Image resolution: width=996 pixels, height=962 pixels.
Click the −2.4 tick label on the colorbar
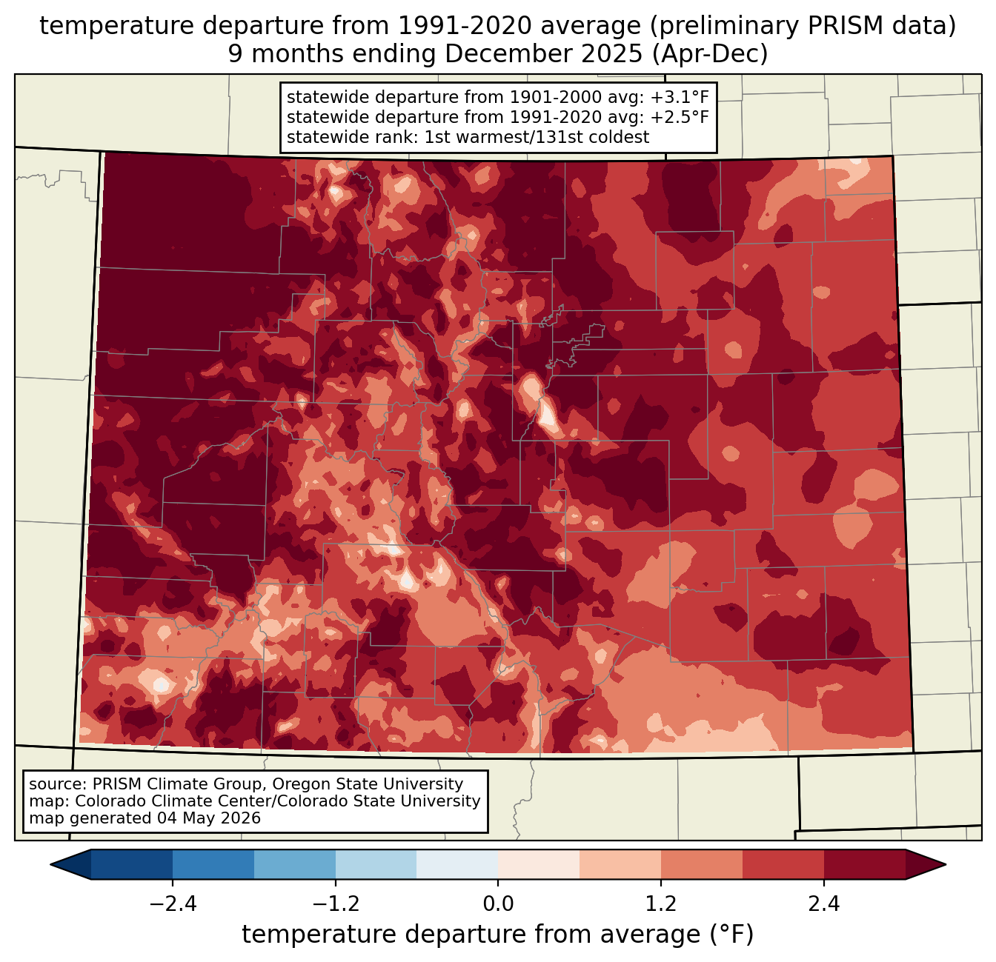pos(173,903)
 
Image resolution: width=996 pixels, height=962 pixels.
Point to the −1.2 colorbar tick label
pos(336,903)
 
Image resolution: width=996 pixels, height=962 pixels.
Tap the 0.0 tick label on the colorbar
pos(498,903)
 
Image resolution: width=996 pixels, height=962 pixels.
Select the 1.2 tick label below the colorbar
pos(661,903)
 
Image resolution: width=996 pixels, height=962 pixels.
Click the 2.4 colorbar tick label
pos(824,903)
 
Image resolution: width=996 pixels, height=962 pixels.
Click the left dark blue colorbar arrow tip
pos(50,865)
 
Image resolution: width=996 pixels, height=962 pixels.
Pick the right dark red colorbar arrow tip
pos(946,865)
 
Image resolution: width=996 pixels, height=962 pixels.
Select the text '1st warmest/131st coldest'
pos(537,137)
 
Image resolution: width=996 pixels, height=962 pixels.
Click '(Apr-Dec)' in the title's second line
pos(710,54)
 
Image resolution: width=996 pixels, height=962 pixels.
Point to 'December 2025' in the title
pos(543,54)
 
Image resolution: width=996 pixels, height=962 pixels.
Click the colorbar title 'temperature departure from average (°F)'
pos(498,935)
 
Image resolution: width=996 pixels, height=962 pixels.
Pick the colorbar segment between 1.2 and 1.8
pos(702,865)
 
